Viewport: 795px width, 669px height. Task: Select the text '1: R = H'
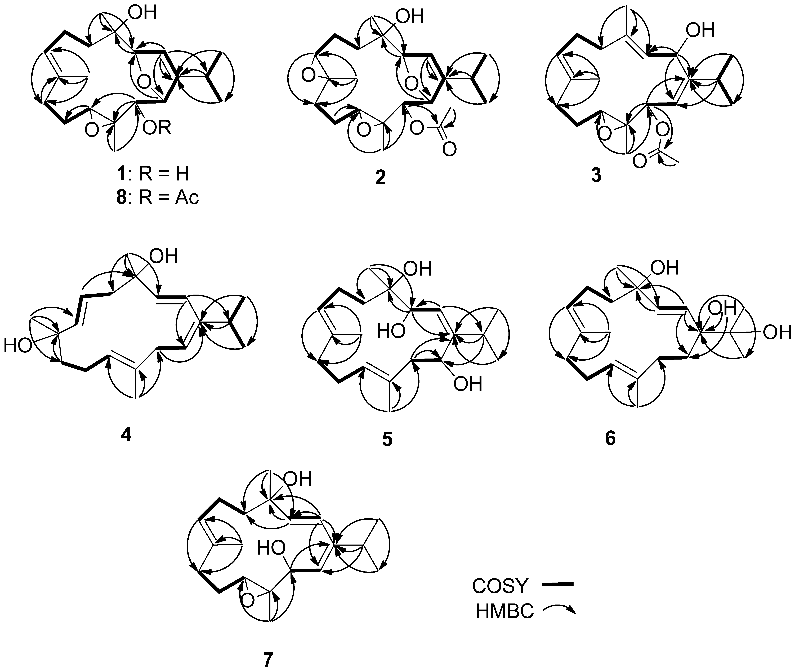[x=153, y=174]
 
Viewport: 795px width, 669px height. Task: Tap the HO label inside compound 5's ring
[x=391, y=332]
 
